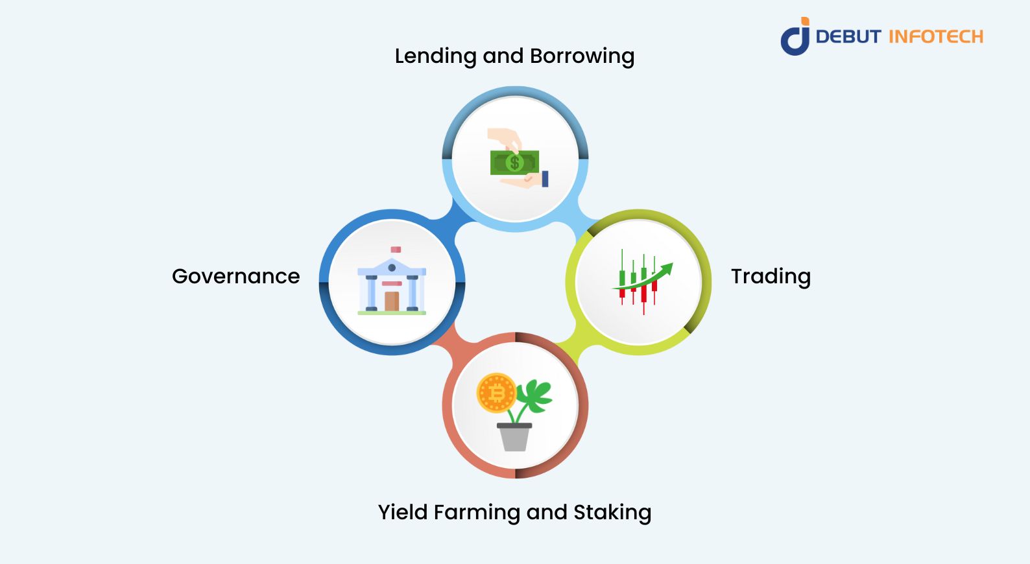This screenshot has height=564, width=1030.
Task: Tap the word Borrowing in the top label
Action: click(582, 56)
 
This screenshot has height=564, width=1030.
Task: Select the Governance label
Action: click(236, 277)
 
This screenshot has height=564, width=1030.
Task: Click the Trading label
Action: click(771, 277)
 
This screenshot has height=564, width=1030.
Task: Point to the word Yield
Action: click(403, 512)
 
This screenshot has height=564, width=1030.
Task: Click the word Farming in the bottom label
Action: click(477, 512)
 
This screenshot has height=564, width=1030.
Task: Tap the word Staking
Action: click(612, 512)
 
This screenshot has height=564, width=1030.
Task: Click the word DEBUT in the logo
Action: click(848, 37)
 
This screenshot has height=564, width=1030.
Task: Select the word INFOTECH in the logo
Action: click(935, 37)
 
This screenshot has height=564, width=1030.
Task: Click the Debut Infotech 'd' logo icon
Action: click(795, 37)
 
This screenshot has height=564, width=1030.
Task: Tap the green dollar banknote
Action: click(514, 162)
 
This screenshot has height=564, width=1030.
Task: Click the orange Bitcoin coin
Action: click(496, 393)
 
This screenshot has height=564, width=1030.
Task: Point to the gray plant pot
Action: click(514, 437)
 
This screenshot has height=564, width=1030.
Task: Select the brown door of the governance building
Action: click(392, 301)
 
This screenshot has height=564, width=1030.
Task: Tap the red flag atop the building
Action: click(396, 250)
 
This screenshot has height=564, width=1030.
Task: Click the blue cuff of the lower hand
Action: click(545, 179)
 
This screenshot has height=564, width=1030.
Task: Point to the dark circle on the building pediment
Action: click(392, 267)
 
